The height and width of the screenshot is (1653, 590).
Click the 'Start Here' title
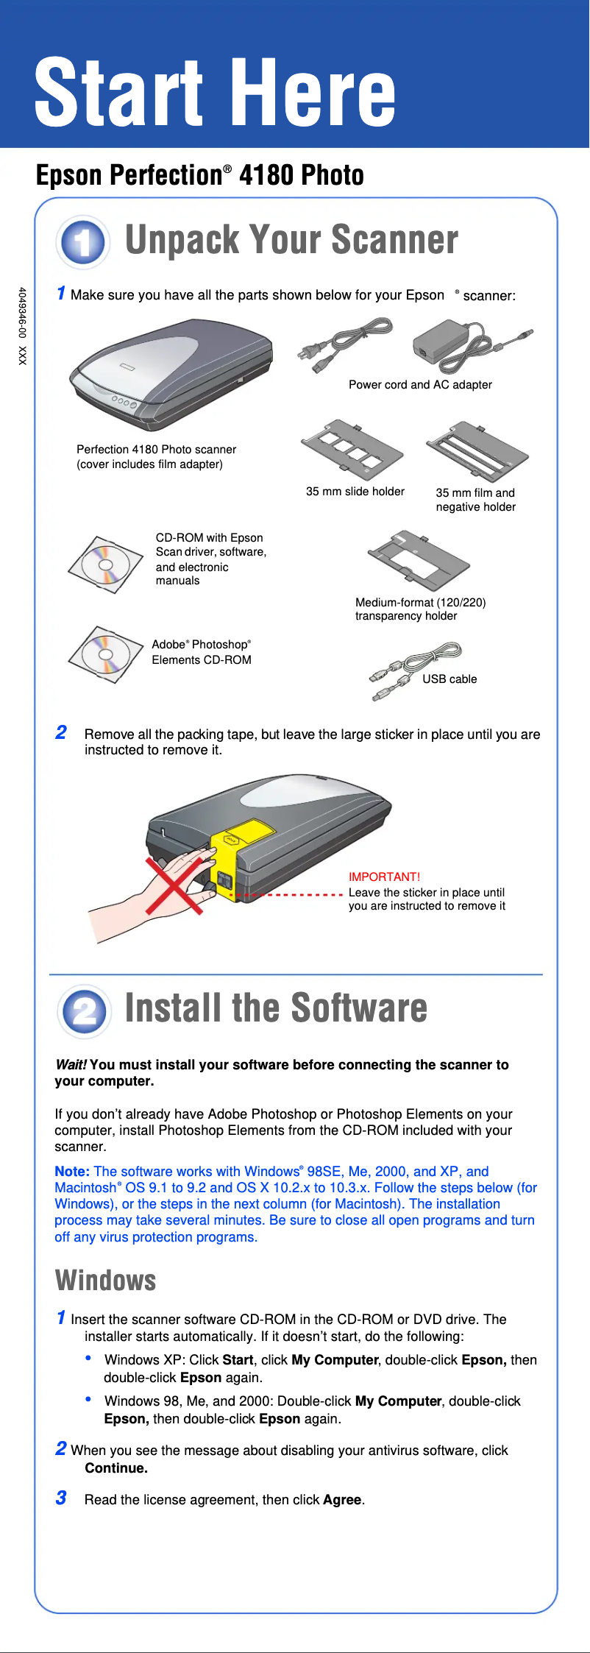[215, 93]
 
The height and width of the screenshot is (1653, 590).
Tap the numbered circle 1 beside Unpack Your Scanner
[83, 242]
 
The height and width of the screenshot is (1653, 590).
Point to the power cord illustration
[344, 343]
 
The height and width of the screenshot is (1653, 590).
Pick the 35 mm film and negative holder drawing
[477, 451]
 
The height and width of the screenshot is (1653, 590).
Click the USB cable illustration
[416, 671]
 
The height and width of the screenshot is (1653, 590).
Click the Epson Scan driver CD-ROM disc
[105, 565]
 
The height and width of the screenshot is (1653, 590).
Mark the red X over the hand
[174, 885]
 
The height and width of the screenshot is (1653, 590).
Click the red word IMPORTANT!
[384, 877]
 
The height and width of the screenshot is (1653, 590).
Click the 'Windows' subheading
[106, 1280]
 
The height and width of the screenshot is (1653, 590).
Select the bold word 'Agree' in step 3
[342, 1499]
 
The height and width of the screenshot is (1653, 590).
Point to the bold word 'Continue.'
[116, 1468]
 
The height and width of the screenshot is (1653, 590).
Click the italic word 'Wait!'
[71, 1064]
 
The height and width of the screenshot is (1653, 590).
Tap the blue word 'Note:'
[72, 1171]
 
